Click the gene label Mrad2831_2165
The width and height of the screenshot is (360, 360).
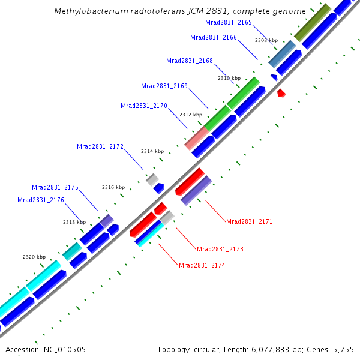[x=229, y=22]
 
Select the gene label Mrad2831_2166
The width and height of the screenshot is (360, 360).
[x=214, y=37]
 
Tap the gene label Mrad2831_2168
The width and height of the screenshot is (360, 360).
[x=190, y=61]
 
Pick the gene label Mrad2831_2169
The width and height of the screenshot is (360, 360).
[x=164, y=86]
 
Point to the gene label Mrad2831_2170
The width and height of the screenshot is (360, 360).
[x=144, y=106]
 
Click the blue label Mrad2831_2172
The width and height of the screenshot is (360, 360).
[x=100, y=146]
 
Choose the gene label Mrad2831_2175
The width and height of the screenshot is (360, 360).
[x=55, y=187]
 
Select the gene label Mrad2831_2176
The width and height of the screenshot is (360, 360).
[x=41, y=200]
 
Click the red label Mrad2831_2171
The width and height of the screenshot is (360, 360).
[x=249, y=221]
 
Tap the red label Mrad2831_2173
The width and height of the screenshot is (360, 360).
[x=220, y=249]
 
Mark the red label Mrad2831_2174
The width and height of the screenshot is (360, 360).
[x=202, y=265]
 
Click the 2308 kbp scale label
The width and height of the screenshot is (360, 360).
[x=266, y=40]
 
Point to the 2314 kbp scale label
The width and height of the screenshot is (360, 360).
[x=152, y=151]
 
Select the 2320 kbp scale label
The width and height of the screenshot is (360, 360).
[x=34, y=257]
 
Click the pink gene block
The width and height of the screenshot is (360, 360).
[x=196, y=139]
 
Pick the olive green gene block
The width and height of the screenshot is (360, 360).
[x=312, y=23]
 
